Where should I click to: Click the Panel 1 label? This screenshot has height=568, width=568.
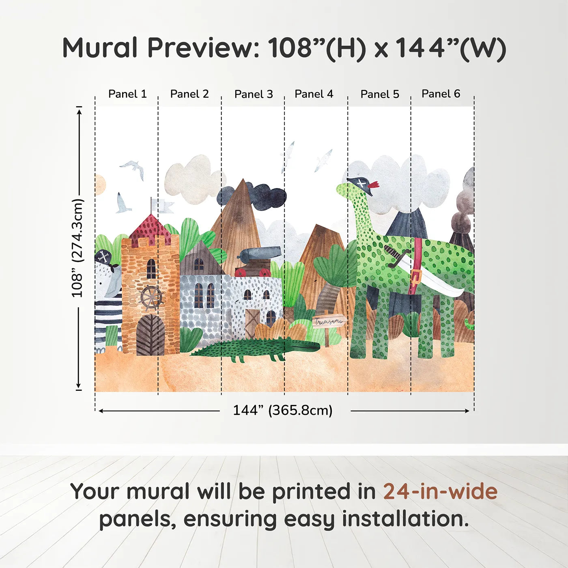[x=127, y=94]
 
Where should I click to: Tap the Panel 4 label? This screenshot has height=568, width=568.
[x=314, y=94]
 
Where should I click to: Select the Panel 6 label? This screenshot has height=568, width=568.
[x=441, y=94]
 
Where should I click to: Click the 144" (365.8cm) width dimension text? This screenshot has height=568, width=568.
[x=282, y=410]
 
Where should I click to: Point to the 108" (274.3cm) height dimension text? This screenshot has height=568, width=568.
[x=77, y=248]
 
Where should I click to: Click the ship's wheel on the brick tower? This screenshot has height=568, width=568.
[x=151, y=298]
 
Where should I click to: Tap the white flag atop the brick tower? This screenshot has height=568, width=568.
[x=164, y=206]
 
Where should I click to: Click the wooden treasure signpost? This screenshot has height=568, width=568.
[x=329, y=322]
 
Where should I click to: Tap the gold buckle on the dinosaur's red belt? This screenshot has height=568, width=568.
[x=415, y=278]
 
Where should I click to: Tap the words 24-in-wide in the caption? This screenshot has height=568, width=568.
[x=440, y=492]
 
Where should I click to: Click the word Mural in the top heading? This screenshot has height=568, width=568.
[x=100, y=48]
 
